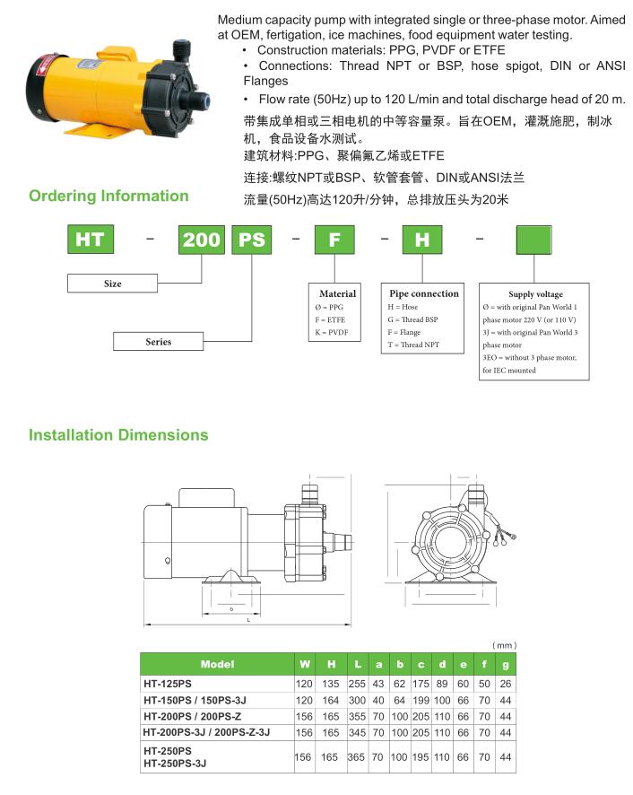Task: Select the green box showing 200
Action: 202,240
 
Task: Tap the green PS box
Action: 255,240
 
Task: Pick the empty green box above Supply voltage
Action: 535,240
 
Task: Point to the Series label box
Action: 158,342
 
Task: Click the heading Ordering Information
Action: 108,196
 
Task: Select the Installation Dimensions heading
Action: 118,435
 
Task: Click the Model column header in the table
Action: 217,664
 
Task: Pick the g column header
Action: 506,664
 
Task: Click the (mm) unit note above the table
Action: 505,646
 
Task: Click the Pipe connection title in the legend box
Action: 424,293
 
